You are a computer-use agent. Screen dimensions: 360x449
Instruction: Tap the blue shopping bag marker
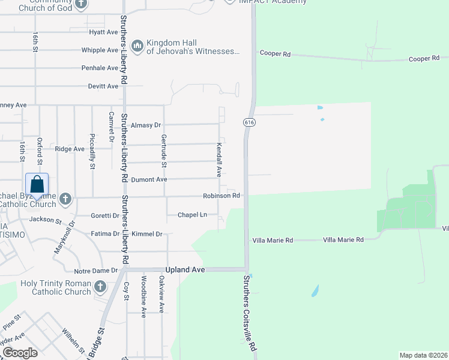click(37, 185)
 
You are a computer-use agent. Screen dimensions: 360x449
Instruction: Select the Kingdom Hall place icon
click(137, 46)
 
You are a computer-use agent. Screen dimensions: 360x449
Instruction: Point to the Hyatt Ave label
click(103, 32)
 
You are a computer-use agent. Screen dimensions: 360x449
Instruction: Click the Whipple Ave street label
click(100, 50)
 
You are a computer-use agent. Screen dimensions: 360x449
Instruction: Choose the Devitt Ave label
click(103, 86)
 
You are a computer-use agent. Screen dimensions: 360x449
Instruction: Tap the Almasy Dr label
click(146, 125)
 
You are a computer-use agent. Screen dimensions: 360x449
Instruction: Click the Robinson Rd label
click(221, 196)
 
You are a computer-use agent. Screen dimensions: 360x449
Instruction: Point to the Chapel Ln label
click(192, 215)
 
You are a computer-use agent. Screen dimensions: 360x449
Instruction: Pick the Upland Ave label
click(190, 270)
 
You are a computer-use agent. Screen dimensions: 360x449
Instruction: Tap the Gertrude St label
click(163, 152)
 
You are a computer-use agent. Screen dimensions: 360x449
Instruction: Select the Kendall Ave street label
click(219, 159)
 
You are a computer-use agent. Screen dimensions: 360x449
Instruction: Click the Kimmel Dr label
click(147, 234)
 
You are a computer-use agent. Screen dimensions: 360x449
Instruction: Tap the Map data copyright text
click(423, 355)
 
